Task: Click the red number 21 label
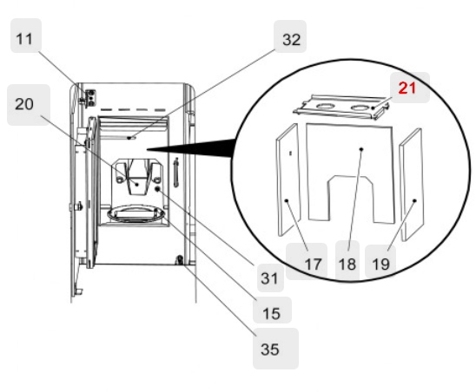pos(408,88)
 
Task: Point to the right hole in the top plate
pos(357,108)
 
